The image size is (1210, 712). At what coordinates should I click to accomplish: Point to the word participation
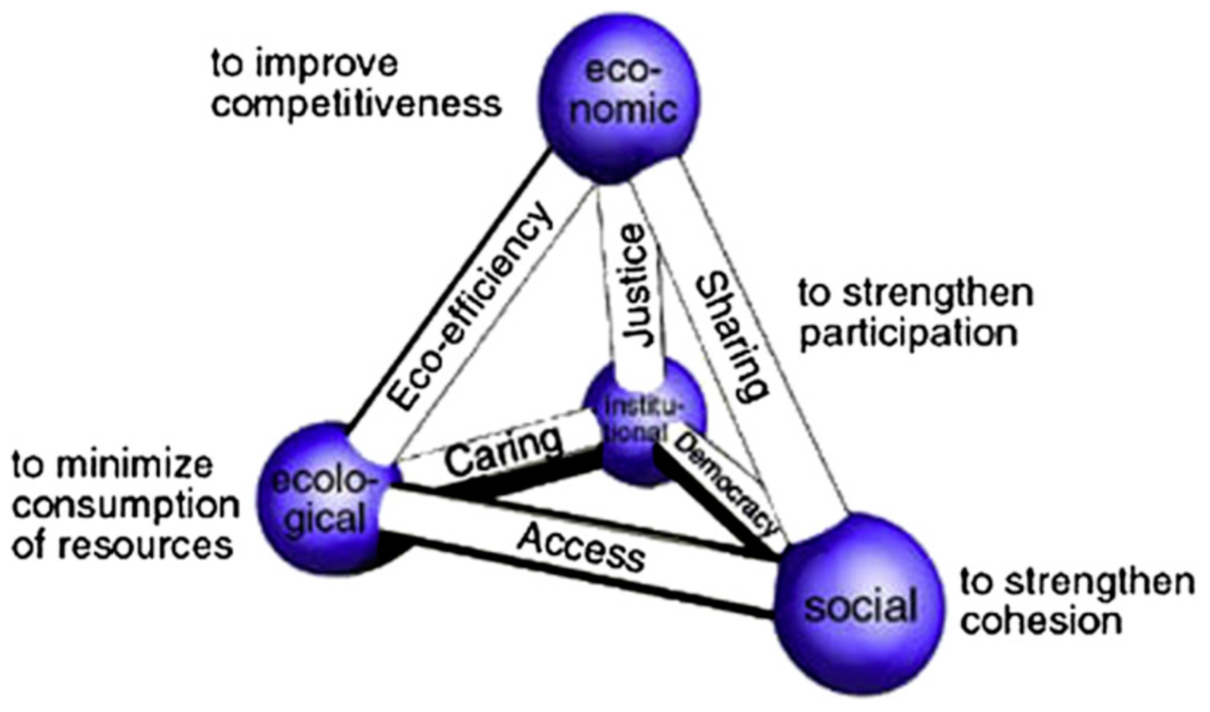pos(908,334)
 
